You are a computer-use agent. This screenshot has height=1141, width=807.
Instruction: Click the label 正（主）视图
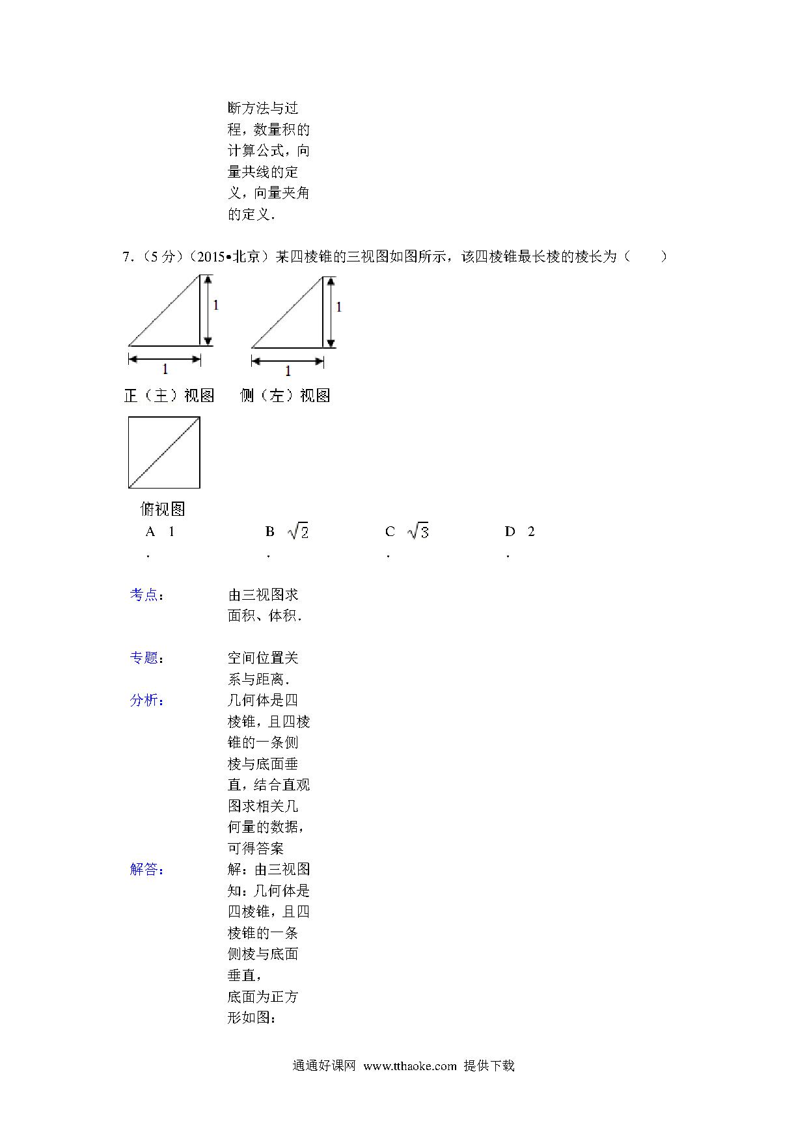(169, 396)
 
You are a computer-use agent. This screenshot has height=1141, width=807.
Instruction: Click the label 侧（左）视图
(285, 396)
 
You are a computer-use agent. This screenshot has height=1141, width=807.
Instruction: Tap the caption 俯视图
(163, 509)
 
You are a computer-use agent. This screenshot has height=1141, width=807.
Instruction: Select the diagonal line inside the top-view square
(164, 453)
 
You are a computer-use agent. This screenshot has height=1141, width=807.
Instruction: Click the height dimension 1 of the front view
(216, 304)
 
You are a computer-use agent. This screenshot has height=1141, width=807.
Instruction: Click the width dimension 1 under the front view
(165, 369)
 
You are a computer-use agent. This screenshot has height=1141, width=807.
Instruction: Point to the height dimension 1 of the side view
(339, 306)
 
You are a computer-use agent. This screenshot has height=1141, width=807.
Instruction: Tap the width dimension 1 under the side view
(288, 371)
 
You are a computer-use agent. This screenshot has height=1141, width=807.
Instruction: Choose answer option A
(159, 532)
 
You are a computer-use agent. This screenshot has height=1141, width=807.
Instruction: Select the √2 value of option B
(298, 532)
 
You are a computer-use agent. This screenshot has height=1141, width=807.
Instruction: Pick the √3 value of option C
(418, 532)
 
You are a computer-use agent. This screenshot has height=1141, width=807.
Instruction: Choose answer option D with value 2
(530, 532)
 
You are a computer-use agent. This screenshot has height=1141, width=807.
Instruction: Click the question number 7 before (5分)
(126, 257)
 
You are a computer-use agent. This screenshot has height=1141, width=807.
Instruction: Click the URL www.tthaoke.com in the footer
(410, 1066)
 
